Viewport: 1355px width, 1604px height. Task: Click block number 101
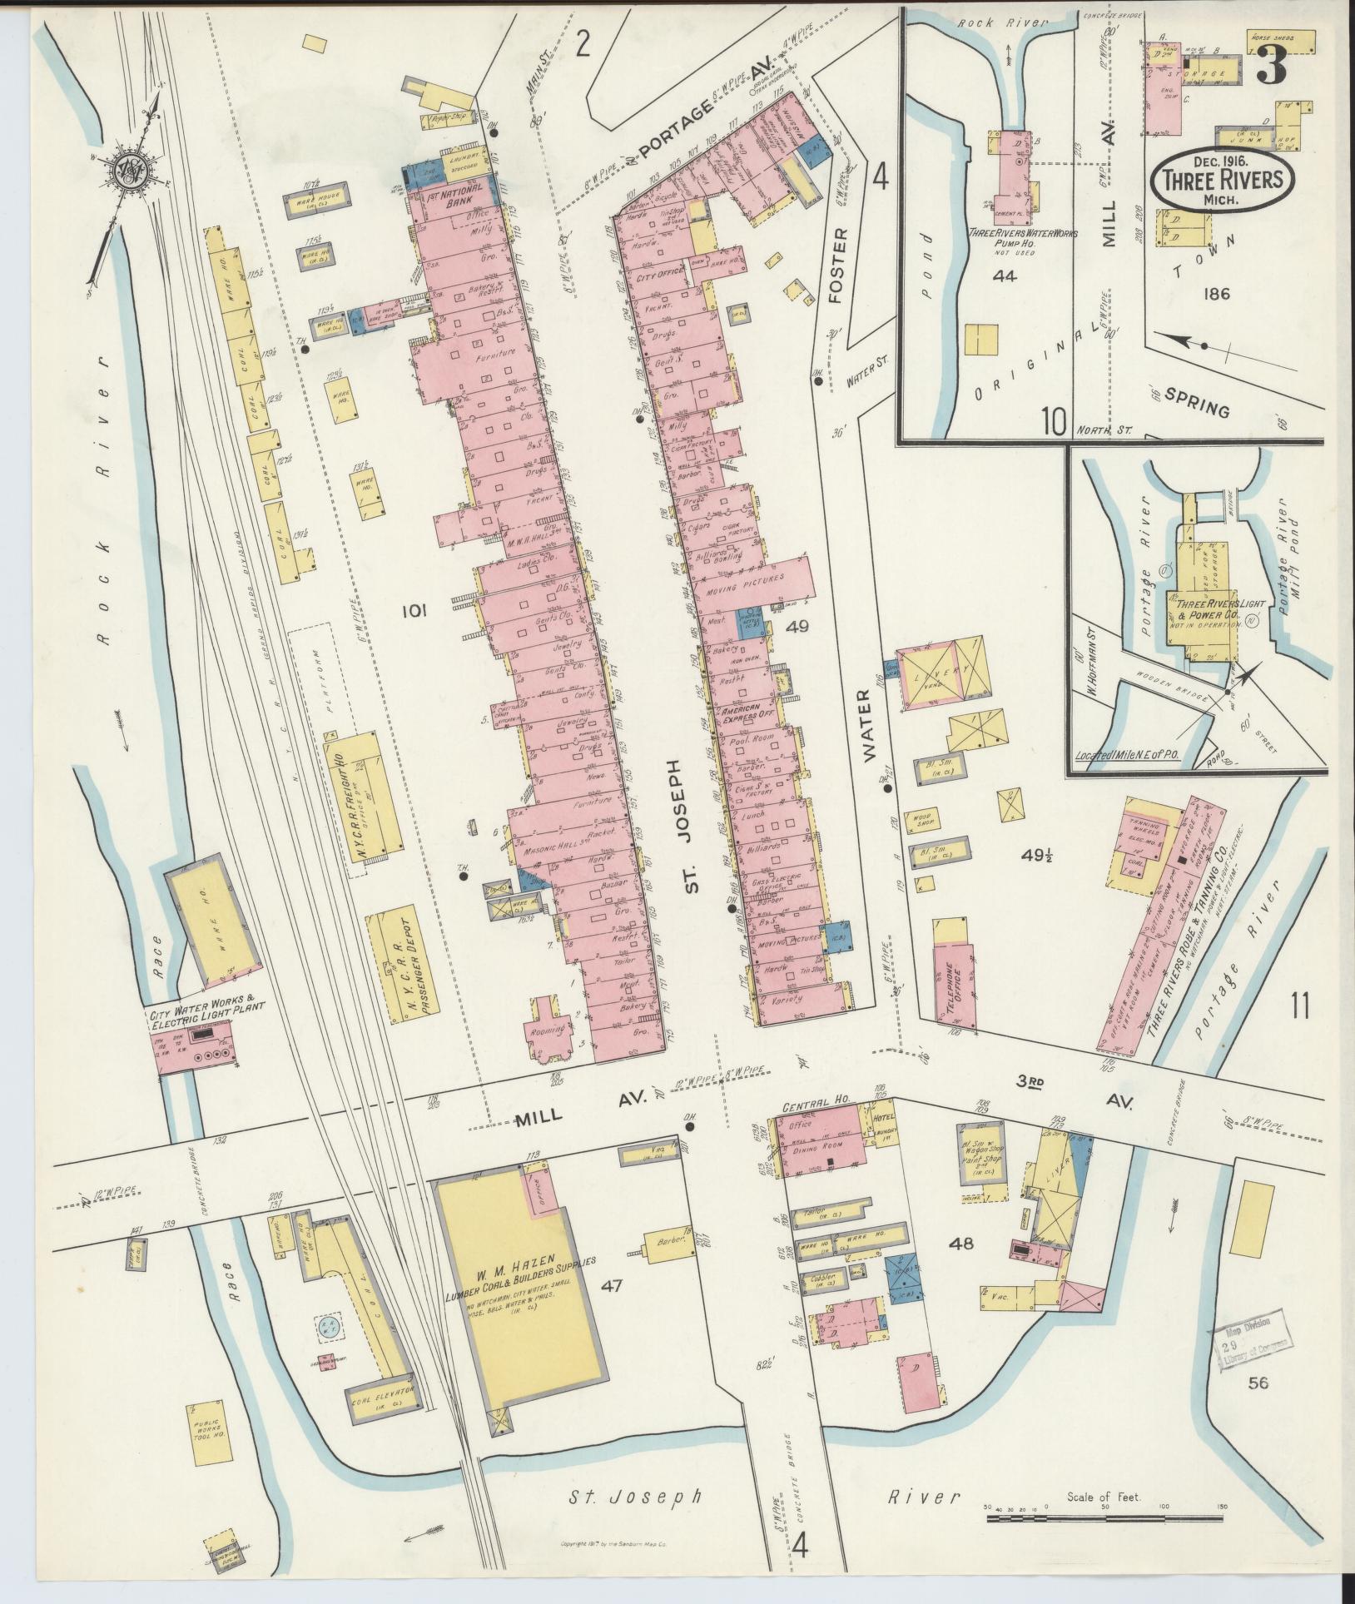coord(414,613)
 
